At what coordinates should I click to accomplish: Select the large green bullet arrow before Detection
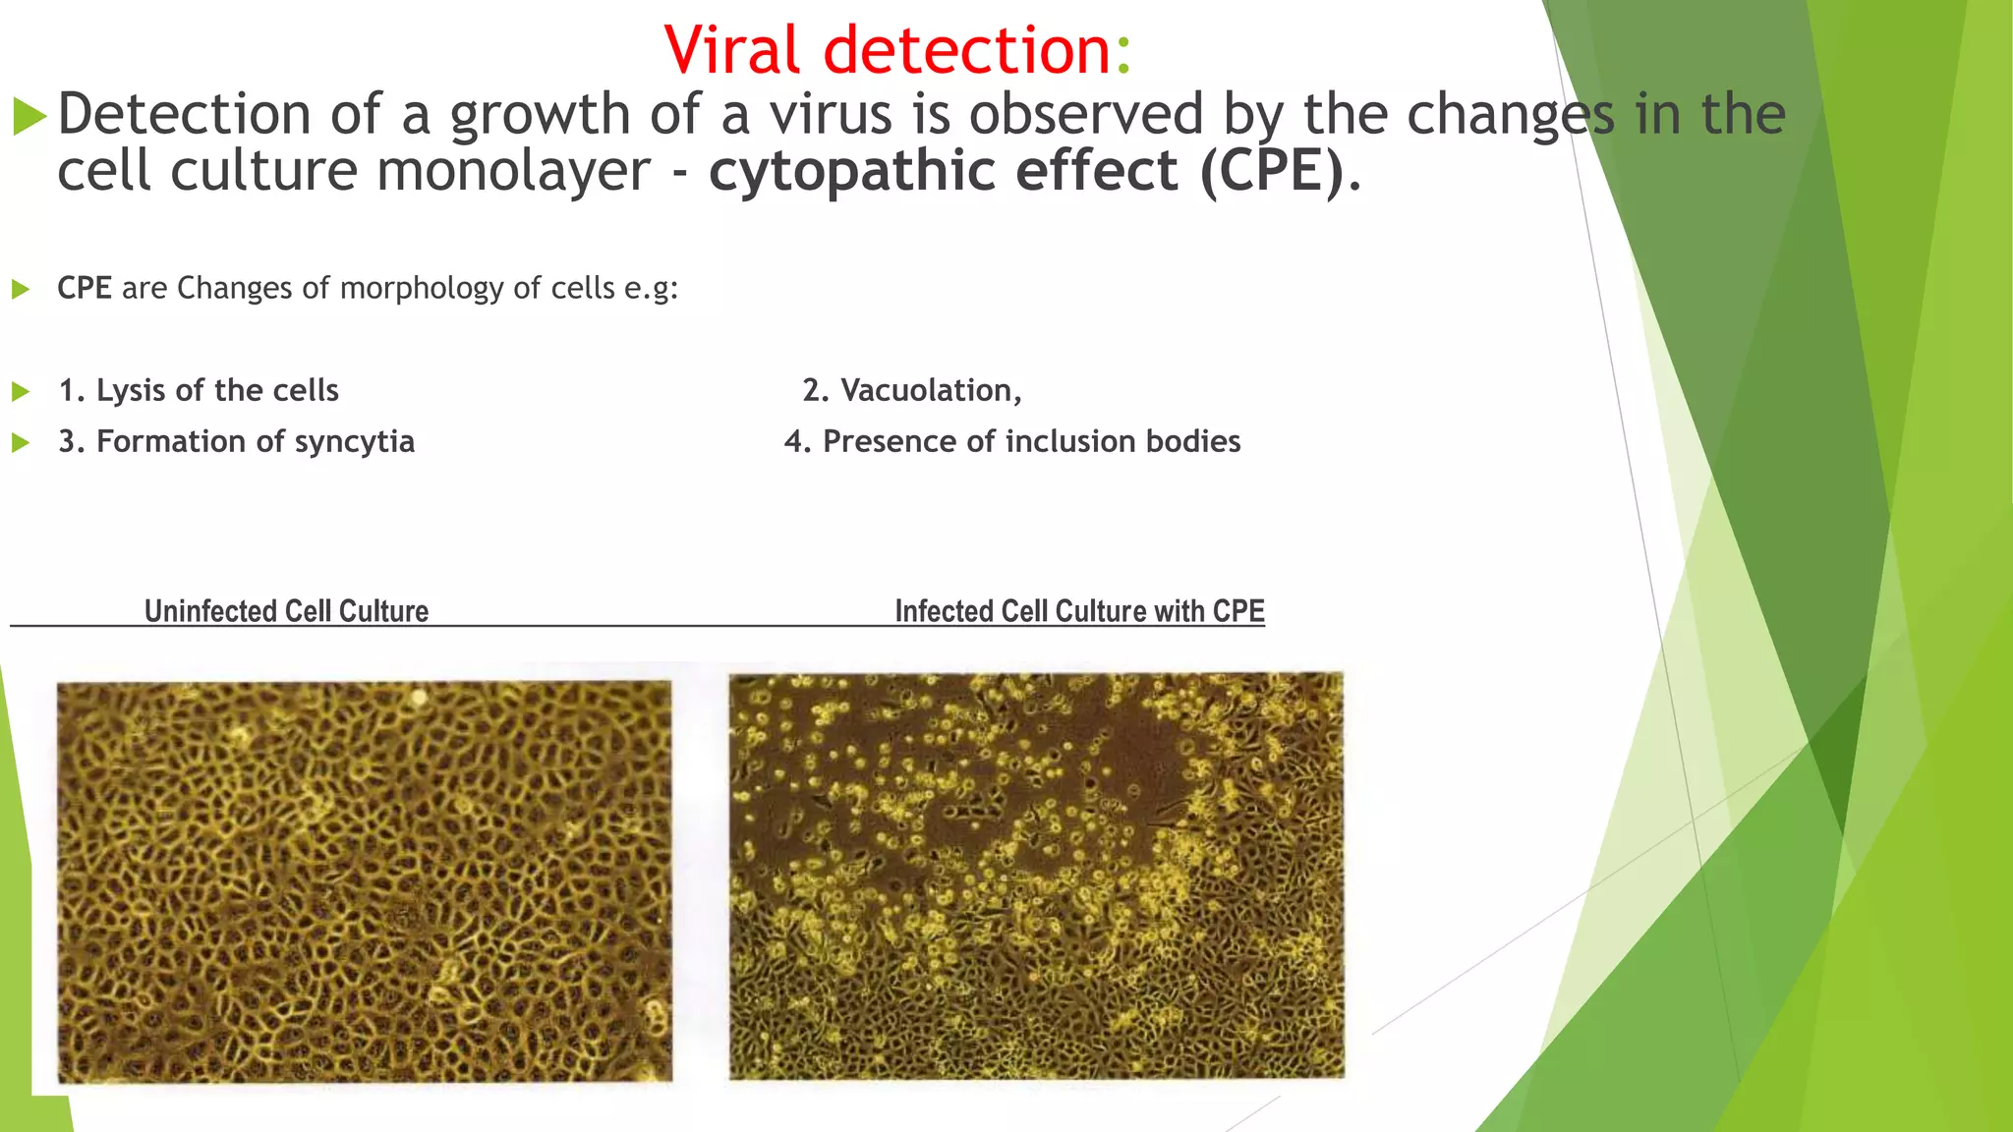[29, 118]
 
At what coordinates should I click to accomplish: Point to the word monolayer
[512, 171]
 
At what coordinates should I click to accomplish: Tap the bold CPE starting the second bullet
[84, 288]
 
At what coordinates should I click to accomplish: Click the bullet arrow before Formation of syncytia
[20, 443]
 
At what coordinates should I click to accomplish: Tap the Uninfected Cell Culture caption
[286, 611]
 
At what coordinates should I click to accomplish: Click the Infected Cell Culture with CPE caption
[1078, 611]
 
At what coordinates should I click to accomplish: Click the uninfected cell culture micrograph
[364, 881]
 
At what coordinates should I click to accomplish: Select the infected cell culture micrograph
[1035, 876]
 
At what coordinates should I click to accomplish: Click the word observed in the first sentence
[1086, 114]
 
